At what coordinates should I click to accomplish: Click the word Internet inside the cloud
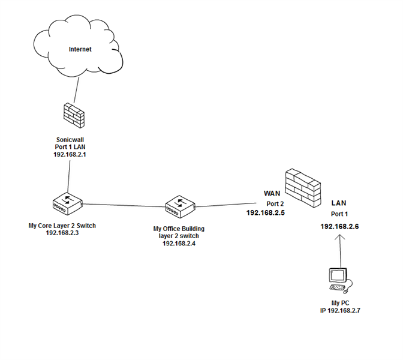[x=80, y=49]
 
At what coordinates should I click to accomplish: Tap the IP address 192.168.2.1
[x=71, y=154]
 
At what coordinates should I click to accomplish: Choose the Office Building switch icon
[x=179, y=205]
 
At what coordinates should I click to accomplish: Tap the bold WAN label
[x=273, y=193]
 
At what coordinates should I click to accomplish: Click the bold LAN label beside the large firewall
[x=340, y=204]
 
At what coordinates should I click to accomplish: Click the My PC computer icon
[x=338, y=279]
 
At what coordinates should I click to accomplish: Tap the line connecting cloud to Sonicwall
[x=75, y=88]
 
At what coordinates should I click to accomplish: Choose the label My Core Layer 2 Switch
[x=62, y=226]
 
